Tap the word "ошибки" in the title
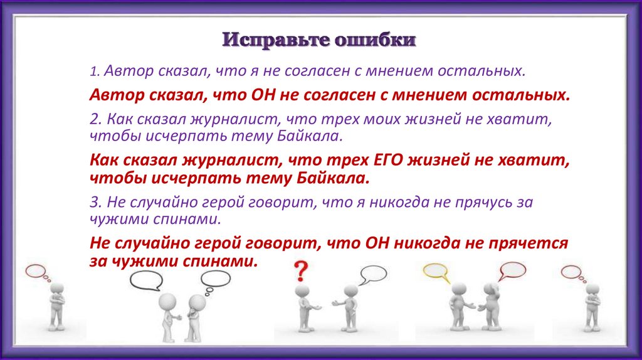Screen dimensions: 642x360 coord(376,40)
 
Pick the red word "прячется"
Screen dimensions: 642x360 coord(528,243)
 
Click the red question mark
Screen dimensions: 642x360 coord(301,271)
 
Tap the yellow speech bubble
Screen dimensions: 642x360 coord(436,272)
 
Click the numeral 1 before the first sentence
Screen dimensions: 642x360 coord(94,71)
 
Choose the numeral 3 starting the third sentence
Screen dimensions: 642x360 coord(95,202)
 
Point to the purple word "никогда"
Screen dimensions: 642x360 coord(403,203)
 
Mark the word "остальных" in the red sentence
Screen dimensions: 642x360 coord(521,95)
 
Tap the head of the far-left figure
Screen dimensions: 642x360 coord(56,288)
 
